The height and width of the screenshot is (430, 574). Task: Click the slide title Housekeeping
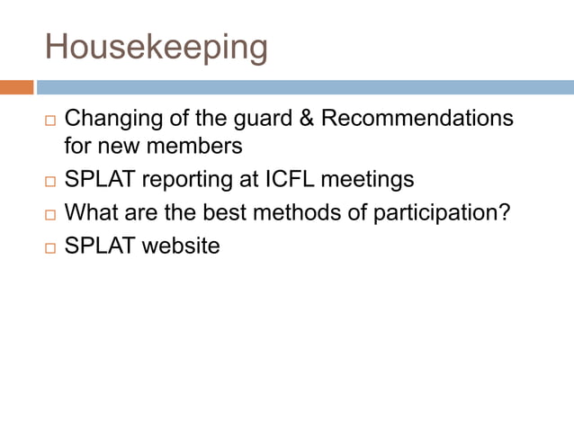click(x=157, y=47)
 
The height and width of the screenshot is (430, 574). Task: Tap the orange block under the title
click(x=16, y=87)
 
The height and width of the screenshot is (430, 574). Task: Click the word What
click(x=92, y=213)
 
